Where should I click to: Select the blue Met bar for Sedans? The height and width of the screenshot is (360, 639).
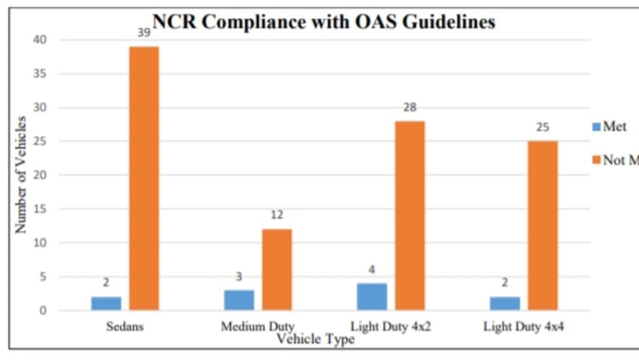click(106, 303)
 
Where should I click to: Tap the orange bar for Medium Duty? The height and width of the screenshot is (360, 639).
click(276, 269)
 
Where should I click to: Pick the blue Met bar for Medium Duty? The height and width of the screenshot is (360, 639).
click(239, 300)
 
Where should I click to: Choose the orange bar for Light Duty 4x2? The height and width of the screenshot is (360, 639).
click(409, 215)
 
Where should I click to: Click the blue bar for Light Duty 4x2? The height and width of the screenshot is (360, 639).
click(372, 296)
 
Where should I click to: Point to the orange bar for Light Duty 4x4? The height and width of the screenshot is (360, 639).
click(542, 225)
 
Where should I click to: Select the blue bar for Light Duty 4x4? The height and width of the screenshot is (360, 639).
click(505, 303)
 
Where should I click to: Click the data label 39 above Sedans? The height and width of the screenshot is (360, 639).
click(143, 32)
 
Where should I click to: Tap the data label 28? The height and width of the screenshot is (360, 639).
click(409, 107)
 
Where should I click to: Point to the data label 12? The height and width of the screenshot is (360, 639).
click(276, 215)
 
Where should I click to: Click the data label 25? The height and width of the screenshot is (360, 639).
click(542, 127)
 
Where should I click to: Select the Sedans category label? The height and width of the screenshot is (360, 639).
click(125, 326)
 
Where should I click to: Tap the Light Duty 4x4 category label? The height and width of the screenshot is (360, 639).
click(524, 326)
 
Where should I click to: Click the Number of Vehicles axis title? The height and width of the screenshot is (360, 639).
click(22, 175)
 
